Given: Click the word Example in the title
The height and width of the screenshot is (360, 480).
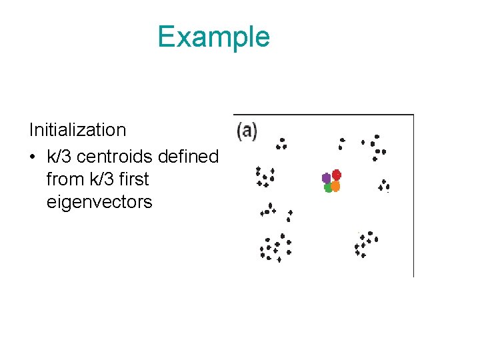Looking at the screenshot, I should point(213,37).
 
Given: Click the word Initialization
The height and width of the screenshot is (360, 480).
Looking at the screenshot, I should point(77,130).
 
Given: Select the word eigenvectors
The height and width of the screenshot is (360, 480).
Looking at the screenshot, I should point(99,202).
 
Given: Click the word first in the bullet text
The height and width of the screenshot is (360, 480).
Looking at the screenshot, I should point(135,179).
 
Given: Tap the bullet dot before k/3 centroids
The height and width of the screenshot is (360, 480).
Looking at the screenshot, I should point(33,157).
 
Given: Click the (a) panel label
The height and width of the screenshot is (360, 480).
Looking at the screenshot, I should point(247,131).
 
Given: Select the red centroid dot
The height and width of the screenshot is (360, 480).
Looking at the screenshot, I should point(337,175).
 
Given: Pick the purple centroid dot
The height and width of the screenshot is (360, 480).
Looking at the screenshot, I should point(326,178).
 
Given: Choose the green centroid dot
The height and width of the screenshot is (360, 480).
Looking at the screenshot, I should point(328,188).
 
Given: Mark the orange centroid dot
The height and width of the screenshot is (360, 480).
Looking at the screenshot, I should point(336,187).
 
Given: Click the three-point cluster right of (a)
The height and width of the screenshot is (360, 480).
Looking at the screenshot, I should point(282,143).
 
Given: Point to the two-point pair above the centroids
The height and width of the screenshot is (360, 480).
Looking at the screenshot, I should point(342,143).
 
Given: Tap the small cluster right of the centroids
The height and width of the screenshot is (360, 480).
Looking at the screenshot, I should point(385,185).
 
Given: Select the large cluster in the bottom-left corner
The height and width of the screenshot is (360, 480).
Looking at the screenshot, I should point(275,248).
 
